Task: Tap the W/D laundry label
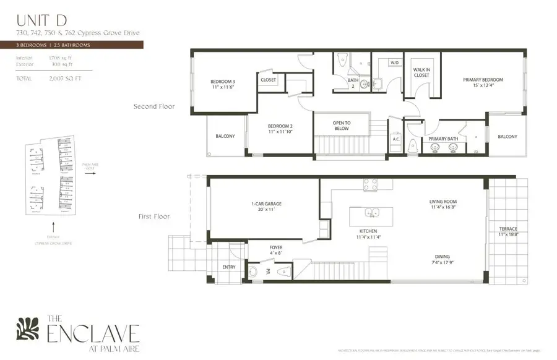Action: click(394, 62)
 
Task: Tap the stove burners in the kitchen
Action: click(371, 184)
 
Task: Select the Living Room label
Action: click(443, 205)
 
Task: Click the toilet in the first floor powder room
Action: click(283, 271)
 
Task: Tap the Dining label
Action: click(442, 260)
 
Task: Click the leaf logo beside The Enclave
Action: click(27, 328)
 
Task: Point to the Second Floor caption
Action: click(154, 106)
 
